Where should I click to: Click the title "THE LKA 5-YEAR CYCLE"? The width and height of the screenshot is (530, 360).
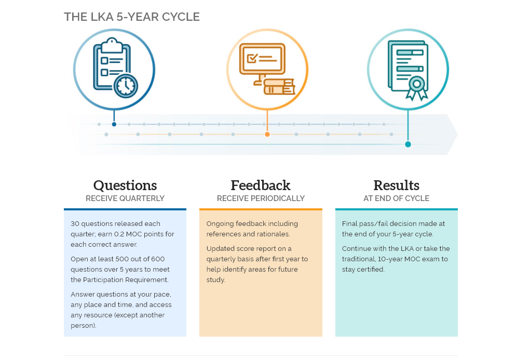pos(132,17)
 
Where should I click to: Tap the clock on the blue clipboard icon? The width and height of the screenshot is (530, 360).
pos(126,86)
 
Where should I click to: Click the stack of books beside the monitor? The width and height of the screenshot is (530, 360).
pos(279,87)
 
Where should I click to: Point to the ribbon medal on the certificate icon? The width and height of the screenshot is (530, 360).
pos(417,88)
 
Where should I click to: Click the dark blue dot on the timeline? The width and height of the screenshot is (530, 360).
pos(114,124)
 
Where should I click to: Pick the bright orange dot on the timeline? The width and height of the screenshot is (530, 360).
pos(267,135)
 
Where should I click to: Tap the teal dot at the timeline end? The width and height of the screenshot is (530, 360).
pos(408,144)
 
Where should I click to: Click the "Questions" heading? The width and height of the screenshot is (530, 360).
pos(125,185)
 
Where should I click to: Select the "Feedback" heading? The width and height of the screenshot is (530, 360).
pos(261,185)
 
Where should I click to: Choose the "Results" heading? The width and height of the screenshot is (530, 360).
pos(397,185)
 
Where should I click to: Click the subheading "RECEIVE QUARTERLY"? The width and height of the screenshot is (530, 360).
pos(125,198)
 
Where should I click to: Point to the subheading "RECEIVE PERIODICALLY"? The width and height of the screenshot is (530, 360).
pos(261,198)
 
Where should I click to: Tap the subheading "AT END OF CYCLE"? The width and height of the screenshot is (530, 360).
pos(397,198)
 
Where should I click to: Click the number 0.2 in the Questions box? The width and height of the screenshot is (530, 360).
pos(119,234)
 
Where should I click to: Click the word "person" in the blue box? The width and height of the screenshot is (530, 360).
pos(83,326)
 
